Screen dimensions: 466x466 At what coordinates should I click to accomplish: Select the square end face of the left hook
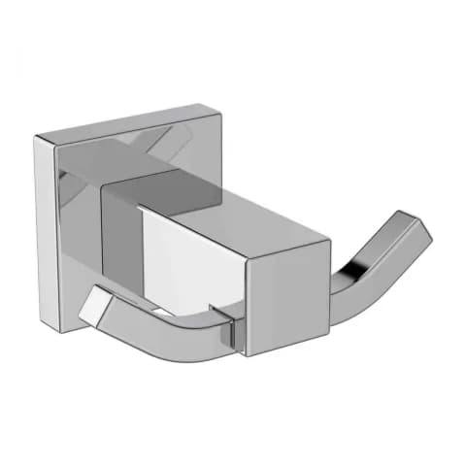[94, 305]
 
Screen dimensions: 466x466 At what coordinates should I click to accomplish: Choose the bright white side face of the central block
[194, 262]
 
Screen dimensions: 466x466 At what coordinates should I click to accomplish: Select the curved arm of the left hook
[165, 325]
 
